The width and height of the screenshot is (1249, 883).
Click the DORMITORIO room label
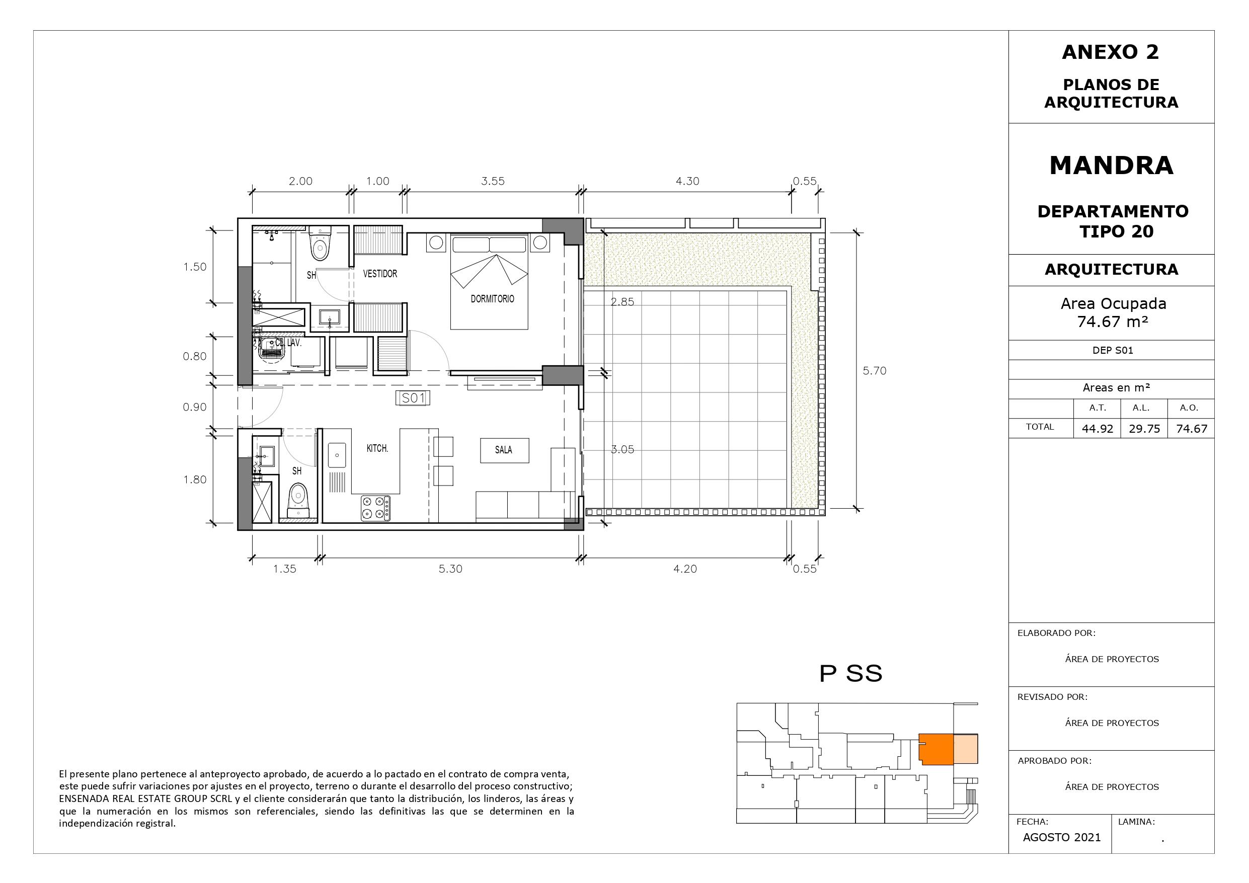click(x=492, y=299)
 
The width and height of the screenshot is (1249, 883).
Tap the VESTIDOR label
click(x=380, y=274)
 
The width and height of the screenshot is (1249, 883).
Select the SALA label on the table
click(x=504, y=450)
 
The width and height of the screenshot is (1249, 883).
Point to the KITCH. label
click(x=377, y=448)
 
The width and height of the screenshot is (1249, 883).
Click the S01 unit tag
click(x=413, y=398)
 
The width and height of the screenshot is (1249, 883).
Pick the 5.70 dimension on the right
click(x=874, y=371)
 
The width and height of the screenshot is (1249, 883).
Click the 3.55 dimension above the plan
click(x=493, y=181)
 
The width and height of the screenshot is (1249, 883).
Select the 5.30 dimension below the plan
click(x=450, y=569)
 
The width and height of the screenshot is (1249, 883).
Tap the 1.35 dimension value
click(x=284, y=569)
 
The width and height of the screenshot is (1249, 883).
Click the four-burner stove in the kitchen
click(x=375, y=508)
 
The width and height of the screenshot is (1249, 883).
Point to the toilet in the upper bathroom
click(x=320, y=245)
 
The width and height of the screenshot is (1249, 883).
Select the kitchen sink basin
click(x=337, y=454)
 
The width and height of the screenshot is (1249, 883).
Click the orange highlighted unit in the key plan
click(x=936, y=749)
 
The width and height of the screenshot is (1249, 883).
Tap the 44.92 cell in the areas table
click(x=1097, y=429)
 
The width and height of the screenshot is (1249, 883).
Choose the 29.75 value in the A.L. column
click(x=1144, y=429)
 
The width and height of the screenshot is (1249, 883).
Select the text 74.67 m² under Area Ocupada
click(x=1113, y=322)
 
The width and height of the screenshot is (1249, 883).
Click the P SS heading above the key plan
click(x=850, y=674)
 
